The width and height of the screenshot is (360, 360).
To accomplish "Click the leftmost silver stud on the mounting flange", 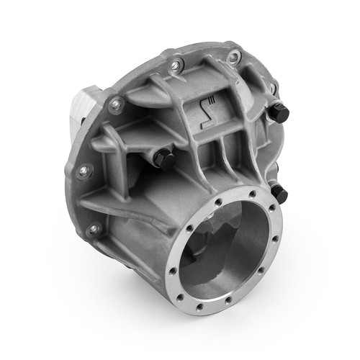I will pyautogui.click(x=85, y=171).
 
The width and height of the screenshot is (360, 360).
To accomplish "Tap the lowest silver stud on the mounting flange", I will pyautogui.click(x=93, y=230).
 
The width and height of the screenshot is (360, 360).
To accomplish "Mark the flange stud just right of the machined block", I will pyautogui.click(x=113, y=106).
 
